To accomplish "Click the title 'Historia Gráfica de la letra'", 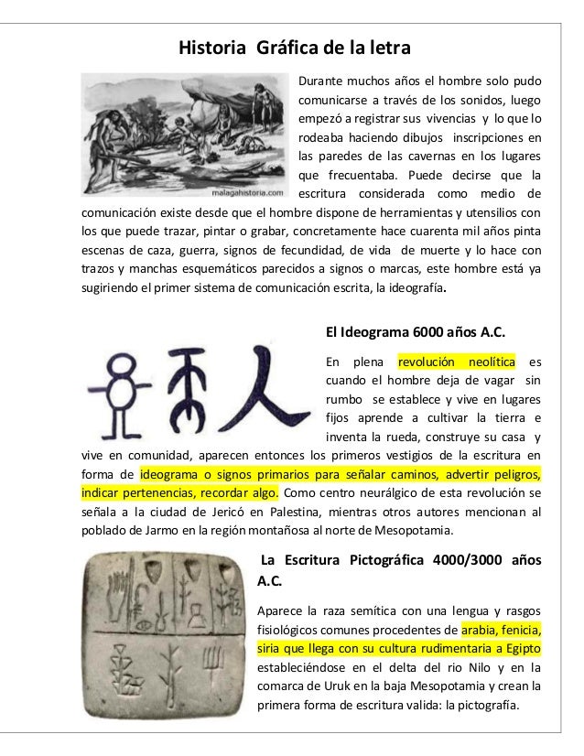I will coord(294,46).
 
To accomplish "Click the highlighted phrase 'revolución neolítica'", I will coord(463,360).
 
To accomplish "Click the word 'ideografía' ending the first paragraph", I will coord(411,292).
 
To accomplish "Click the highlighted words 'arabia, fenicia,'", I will coord(501,630).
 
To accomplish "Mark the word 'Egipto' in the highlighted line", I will coord(519,649).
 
